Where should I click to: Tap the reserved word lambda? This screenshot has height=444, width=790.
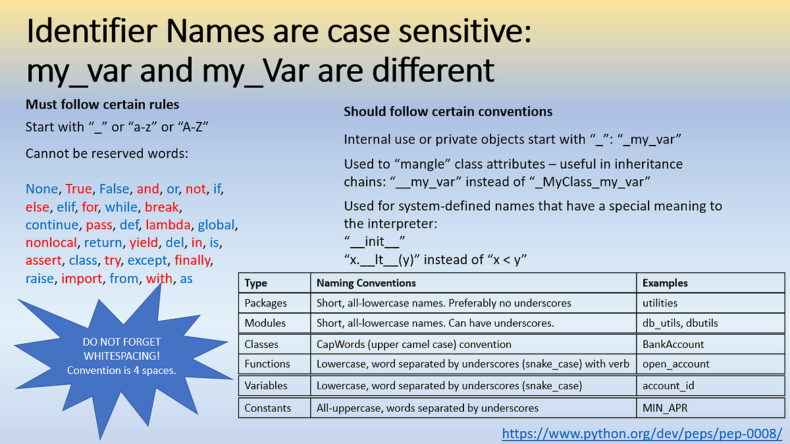click(169, 225)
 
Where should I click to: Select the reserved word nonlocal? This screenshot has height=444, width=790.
click(51, 242)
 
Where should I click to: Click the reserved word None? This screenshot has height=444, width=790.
click(40, 189)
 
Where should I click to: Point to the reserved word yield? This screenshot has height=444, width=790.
click(144, 242)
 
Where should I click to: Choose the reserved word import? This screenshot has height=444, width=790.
click(82, 278)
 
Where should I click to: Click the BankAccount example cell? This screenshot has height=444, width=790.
click(673, 344)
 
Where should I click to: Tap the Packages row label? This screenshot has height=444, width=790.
click(266, 304)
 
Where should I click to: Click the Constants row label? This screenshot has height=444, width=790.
click(267, 408)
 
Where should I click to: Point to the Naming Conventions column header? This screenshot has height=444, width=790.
click(366, 283)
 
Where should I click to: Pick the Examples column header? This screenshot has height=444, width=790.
click(665, 283)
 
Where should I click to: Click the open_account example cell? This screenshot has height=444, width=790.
click(676, 364)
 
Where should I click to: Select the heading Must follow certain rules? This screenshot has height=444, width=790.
click(102, 105)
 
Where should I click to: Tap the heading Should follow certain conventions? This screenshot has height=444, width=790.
click(448, 112)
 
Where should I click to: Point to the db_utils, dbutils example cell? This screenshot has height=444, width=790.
click(680, 323)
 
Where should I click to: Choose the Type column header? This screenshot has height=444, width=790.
click(255, 283)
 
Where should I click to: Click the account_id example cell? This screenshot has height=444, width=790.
click(668, 385)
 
